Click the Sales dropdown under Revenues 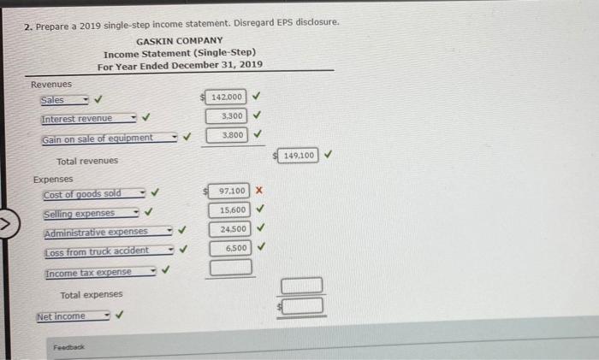coord(64,100)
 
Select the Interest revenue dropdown coord(89,119)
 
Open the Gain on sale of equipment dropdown coord(110,139)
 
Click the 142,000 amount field coord(225,97)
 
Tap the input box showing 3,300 coord(226,116)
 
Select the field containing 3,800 coord(227,135)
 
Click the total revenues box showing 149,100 coord(298,156)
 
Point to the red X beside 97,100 coord(259,190)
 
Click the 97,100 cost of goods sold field coord(228,191)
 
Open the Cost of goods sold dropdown coord(94,194)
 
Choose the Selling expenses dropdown coord(92,213)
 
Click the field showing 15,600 coord(229,210)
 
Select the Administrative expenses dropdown coord(109,232)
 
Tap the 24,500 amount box coord(230,229)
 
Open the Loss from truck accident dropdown coord(110,251)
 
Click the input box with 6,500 coord(230,248)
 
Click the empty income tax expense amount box coord(231,268)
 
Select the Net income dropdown coord(74,316)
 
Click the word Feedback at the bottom coord(68,347)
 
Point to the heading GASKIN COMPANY coord(180,41)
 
